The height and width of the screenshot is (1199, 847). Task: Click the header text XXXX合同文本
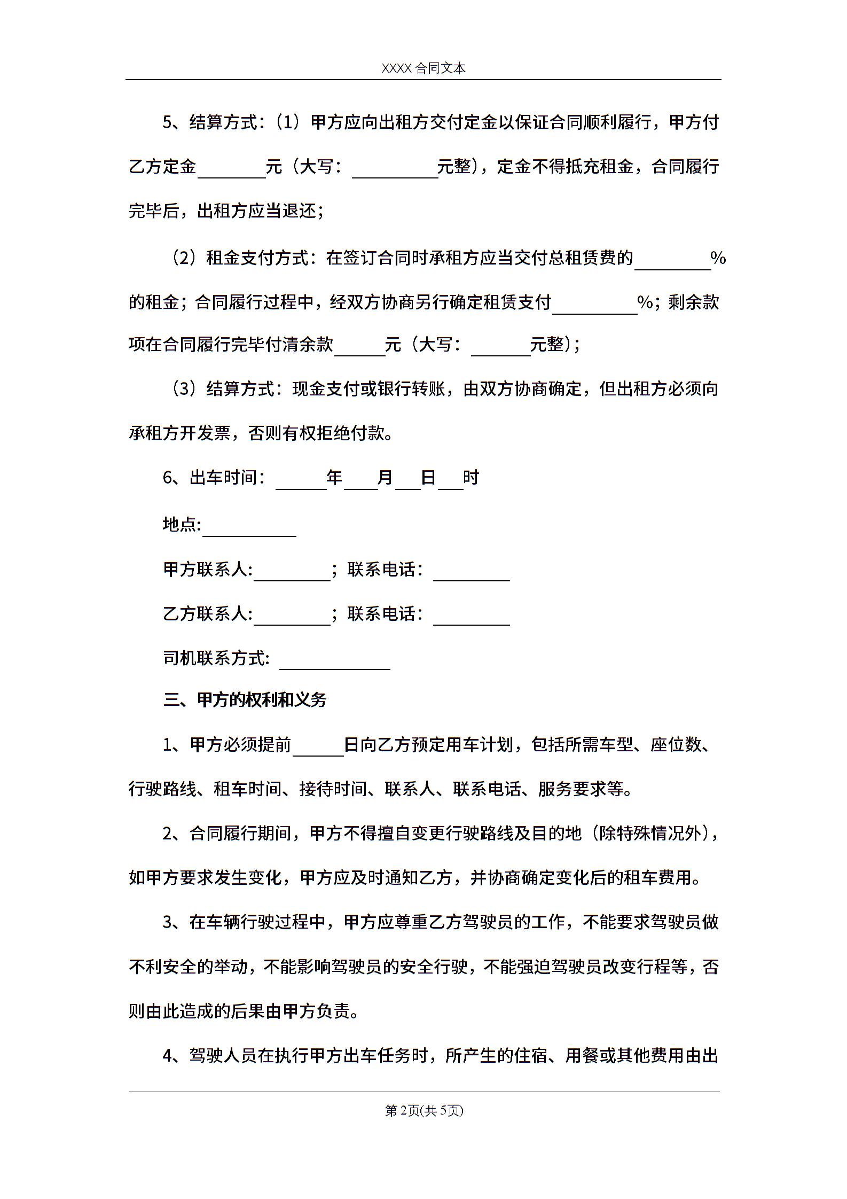(x=423, y=68)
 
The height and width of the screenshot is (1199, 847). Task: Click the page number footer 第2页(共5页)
(x=423, y=1110)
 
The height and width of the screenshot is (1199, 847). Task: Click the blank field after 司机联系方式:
(x=334, y=659)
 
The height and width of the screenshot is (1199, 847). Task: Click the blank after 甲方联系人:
(x=292, y=571)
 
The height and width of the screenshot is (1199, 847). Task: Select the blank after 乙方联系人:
(x=292, y=616)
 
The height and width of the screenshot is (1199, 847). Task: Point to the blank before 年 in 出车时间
(x=301, y=479)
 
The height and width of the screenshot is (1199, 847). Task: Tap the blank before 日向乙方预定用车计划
(x=318, y=746)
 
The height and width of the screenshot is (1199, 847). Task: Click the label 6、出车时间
(x=214, y=478)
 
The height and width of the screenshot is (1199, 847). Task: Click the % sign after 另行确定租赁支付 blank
(x=646, y=303)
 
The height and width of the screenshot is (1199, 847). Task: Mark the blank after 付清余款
(x=359, y=346)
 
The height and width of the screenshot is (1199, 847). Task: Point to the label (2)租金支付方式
(x=244, y=259)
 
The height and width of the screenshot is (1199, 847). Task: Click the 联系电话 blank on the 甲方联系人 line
(x=472, y=571)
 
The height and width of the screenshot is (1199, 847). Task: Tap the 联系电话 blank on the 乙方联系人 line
(x=472, y=616)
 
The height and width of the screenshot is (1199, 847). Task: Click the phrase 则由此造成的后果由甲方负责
(x=243, y=1011)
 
